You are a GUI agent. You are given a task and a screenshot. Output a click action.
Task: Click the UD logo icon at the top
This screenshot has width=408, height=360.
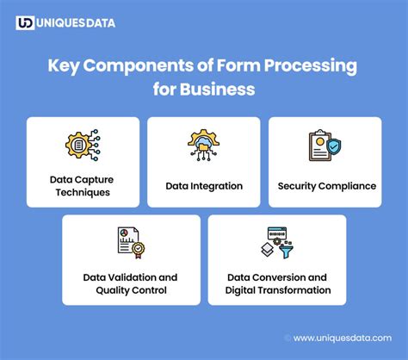[25, 22]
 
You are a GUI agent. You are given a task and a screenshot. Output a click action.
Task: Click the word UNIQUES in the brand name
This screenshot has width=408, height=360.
[64, 22]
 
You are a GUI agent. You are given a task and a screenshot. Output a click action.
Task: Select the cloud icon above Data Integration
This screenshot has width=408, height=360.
[204, 146]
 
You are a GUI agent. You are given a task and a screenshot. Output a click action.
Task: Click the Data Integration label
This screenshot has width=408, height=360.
[204, 185]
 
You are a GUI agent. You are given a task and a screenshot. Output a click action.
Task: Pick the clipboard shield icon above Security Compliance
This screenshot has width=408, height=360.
[325, 146]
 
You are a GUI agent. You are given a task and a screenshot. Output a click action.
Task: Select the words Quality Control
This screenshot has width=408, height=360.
[131, 290]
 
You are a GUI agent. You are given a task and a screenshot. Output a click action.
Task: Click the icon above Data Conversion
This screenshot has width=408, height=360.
[277, 243]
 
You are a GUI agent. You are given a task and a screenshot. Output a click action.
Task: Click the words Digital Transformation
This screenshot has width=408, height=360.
[278, 290]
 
